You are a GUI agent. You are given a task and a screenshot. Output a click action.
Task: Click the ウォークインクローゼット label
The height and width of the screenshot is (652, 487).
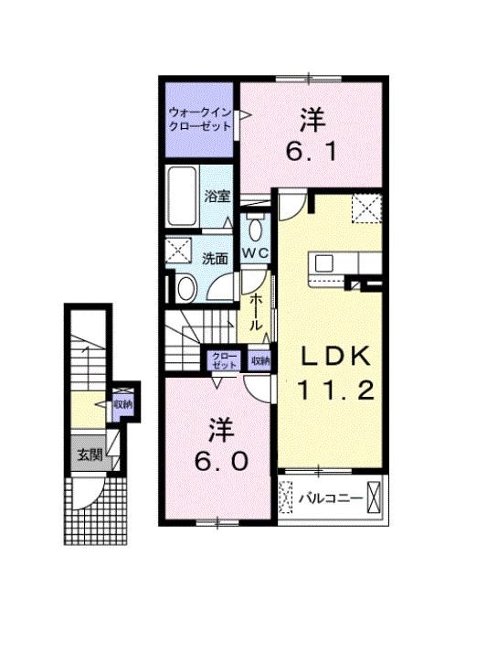(196, 120)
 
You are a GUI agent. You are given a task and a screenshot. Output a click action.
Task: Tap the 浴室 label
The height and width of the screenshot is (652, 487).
(217, 196)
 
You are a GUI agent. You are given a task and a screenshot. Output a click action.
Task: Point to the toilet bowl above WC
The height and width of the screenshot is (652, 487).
(254, 228)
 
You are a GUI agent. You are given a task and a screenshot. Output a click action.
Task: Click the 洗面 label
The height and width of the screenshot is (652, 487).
(215, 259)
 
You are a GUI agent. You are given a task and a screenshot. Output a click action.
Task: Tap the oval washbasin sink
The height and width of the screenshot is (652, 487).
(185, 289)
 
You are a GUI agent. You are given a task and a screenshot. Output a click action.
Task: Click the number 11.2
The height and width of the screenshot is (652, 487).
(335, 391)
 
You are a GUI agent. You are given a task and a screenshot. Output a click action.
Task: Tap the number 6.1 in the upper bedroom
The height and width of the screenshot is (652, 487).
(312, 150)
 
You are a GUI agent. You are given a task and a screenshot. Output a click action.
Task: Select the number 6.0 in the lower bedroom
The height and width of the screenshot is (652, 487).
(217, 462)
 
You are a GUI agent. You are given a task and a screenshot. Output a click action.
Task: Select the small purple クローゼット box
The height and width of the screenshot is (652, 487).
(224, 360)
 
